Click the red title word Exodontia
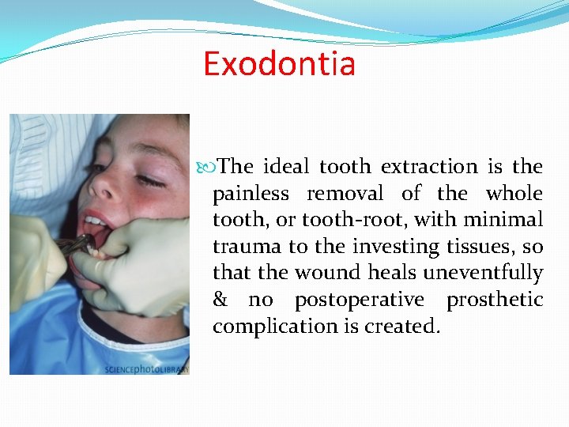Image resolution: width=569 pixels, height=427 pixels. [x=279, y=63]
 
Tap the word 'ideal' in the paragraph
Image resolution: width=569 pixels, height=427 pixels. [x=285, y=167]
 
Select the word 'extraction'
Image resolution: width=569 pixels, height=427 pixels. [x=429, y=167]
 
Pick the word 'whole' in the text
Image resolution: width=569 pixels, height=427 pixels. [x=514, y=194]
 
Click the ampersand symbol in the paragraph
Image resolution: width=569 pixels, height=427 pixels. [x=220, y=300]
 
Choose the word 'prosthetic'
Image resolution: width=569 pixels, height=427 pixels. [x=495, y=300]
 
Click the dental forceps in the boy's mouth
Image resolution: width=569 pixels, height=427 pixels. [x=77, y=244]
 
